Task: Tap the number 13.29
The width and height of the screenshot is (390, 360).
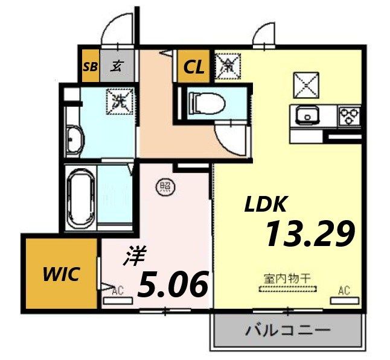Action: click(308, 233)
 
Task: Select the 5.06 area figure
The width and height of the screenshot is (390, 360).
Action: click(174, 283)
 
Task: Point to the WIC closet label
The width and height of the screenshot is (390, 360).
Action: click(61, 274)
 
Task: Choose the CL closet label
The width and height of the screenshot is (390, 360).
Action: click(194, 66)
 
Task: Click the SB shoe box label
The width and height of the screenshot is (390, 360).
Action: click(90, 66)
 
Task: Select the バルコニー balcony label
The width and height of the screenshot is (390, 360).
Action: click(287, 330)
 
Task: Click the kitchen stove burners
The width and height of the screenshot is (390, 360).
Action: click(348, 114)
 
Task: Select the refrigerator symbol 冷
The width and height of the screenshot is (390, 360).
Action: click(228, 65)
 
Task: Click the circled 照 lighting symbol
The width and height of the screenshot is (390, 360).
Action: click(164, 186)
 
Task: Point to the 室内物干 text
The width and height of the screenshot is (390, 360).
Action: click(287, 279)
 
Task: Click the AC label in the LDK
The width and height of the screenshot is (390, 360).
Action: click(344, 291)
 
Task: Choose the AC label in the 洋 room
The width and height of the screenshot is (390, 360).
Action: click(117, 291)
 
